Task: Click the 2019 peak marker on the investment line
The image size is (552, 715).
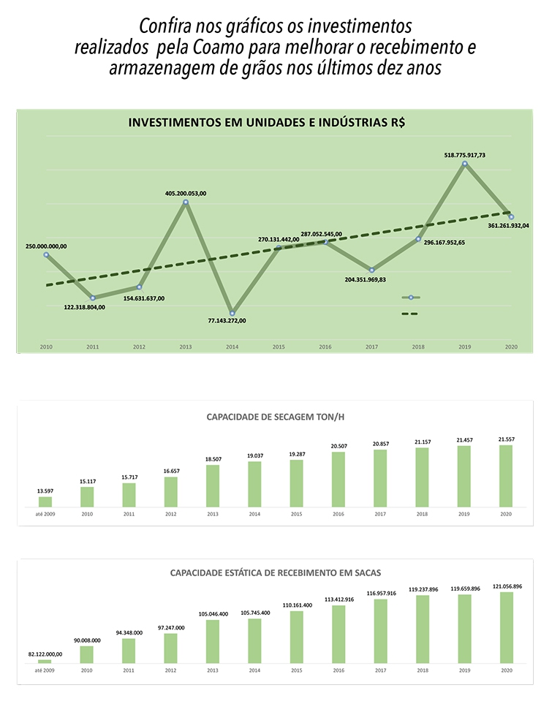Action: coord(464,164)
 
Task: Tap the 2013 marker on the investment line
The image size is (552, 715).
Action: coord(186,202)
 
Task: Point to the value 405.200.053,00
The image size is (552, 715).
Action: coord(186,193)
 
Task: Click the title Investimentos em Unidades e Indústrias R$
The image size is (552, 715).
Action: coord(267,123)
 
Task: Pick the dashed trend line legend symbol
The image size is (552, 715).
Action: coord(410,314)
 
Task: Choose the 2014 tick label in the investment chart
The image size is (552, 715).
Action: coord(232,346)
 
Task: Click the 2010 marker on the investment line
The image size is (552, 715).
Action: coord(46,254)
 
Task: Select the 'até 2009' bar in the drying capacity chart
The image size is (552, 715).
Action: coord(45,502)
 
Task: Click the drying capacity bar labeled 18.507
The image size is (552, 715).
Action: coord(213,485)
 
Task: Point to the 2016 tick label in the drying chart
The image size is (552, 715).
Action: coord(339,514)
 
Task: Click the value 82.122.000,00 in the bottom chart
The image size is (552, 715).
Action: coord(45,654)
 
